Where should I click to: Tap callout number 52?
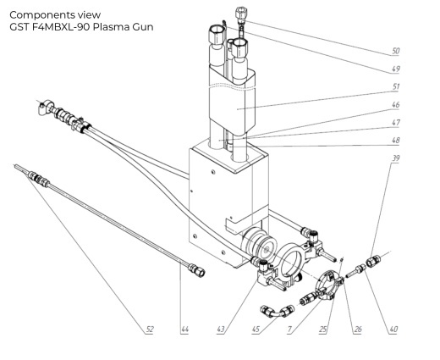149,327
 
